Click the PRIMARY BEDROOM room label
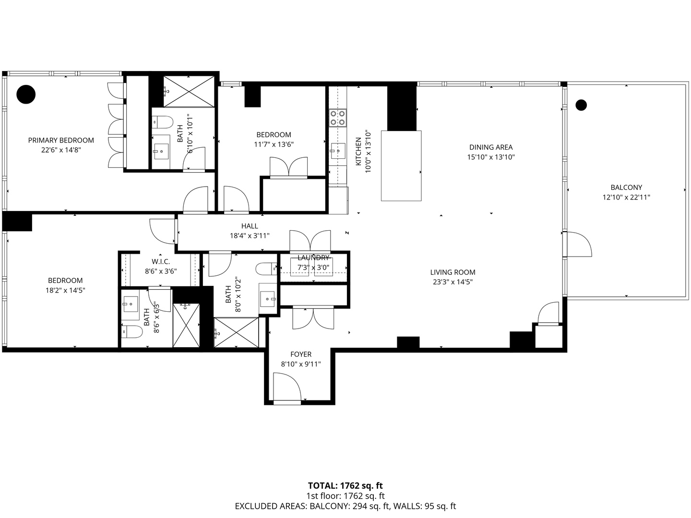[61, 140]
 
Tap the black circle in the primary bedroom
[26, 94]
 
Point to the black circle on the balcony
[581, 105]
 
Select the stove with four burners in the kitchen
[337, 118]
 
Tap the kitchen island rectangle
[401, 165]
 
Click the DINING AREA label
[490, 147]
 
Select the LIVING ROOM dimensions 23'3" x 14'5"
[453, 282]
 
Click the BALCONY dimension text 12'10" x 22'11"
[626, 197]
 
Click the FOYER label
[301, 354]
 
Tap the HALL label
[250, 226]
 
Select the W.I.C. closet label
[161, 261]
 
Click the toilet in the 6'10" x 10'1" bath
[163, 123]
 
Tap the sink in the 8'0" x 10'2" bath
[268, 298]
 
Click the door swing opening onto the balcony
[578, 245]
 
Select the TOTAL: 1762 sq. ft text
[345, 486]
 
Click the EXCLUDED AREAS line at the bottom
[345, 506]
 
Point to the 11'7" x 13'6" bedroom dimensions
[274, 144]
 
